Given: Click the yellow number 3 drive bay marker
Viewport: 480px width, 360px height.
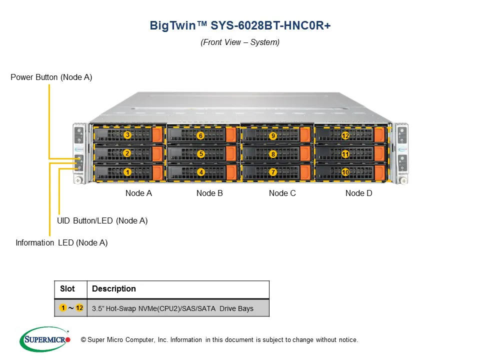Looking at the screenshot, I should click(x=127, y=135).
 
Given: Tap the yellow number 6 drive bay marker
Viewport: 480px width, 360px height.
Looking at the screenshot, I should click(x=200, y=135).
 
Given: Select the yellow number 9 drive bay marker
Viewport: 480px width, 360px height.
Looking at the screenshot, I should click(x=273, y=136).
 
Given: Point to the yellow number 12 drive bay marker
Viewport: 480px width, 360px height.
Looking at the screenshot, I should click(x=345, y=136).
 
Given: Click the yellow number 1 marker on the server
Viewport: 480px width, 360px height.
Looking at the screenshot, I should click(x=127, y=172).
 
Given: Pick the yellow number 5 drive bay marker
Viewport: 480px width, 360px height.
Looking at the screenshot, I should click(x=200, y=154).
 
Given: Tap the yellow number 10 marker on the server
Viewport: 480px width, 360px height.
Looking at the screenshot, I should click(x=345, y=172).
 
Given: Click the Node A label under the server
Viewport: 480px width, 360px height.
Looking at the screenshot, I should click(x=138, y=193).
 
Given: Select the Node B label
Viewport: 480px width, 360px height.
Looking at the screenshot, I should click(x=209, y=193).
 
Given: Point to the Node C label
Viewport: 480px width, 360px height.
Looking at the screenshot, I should click(x=282, y=193).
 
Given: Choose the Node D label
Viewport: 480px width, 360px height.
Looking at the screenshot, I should click(x=358, y=193).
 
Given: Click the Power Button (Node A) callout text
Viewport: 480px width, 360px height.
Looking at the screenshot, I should click(x=51, y=77).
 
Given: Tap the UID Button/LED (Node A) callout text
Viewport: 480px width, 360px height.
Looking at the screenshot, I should click(x=102, y=220).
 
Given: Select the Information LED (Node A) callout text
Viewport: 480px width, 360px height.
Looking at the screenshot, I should click(x=61, y=243).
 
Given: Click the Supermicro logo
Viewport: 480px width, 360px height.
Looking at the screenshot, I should click(x=45, y=339).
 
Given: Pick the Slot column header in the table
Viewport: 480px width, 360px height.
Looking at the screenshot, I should click(x=67, y=289).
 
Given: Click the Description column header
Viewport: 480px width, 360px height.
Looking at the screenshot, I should click(x=114, y=289).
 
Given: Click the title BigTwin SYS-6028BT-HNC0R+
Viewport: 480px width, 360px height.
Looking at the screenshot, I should click(x=240, y=25).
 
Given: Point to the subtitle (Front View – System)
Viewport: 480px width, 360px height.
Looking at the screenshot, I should click(x=240, y=42).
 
